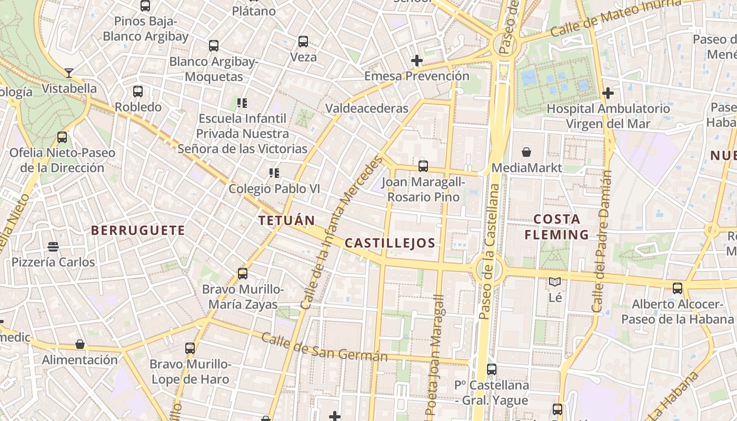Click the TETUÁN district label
(286, 220)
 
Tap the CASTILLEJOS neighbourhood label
(390, 243)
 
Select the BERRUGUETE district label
(138, 230)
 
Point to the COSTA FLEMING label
(556, 227)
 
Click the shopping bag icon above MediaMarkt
(526, 153)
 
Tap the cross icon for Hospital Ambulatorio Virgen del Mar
(608, 93)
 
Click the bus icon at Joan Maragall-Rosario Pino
(423, 166)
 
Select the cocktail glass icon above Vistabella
(68, 73)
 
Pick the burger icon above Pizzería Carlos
(53, 246)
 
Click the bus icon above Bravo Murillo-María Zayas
(243, 274)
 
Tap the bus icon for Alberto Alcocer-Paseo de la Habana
(678, 288)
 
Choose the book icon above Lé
(555, 282)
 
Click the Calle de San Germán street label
(324, 348)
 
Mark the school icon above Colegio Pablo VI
(274, 173)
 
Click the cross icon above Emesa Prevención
(417, 61)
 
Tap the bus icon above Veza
(303, 42)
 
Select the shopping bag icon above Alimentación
(80, 344)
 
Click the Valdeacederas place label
(367, 108)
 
